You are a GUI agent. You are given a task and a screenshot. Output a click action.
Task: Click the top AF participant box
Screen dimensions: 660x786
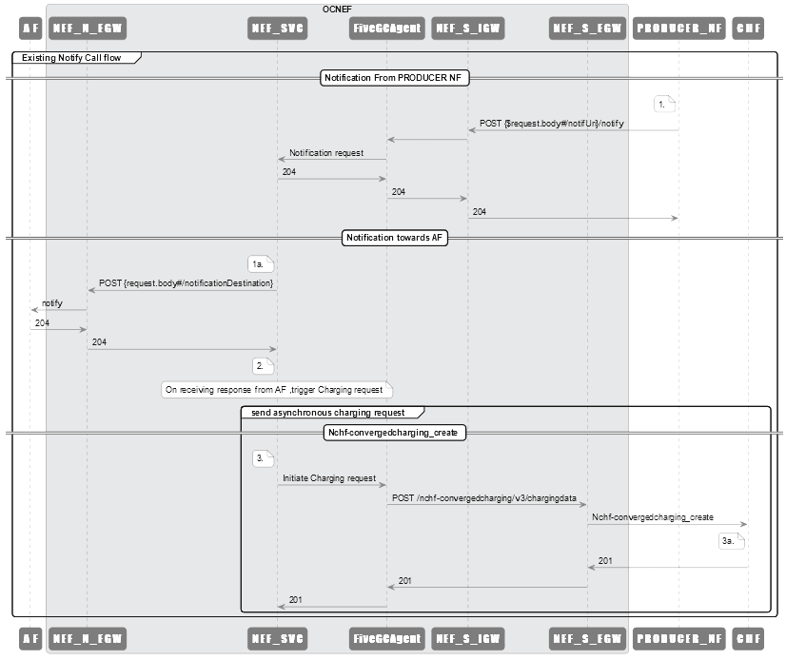click(x=30, y=28)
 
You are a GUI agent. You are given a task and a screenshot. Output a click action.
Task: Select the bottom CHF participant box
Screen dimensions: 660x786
click(x=748, y=635)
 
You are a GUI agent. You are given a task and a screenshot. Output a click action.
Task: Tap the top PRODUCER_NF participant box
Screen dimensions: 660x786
click(x=678, y=28)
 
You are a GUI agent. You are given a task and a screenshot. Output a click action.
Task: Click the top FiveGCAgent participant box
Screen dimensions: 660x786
click(x=385, y=28)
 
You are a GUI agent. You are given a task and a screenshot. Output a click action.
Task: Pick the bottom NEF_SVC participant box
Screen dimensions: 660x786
click(x=277, y=635)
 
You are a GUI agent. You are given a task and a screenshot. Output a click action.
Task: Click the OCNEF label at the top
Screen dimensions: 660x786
click(x=337, y=9)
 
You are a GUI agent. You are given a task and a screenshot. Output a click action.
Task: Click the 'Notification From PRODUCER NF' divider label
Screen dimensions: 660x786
click(x=395, y=78)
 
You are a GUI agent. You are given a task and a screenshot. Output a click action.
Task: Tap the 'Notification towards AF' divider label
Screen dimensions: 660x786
click(x=395, y=238)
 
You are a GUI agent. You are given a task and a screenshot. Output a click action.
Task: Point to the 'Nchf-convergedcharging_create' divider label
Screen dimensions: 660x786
click(x=395, y=432)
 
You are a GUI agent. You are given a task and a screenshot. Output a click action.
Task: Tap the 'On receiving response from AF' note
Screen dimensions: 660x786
click(x=276, y=389)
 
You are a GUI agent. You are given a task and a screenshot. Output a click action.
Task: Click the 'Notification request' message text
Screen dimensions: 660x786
click(x=325, y=152)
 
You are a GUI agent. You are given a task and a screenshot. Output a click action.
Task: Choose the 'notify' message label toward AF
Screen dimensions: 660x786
click(x=52, y=302)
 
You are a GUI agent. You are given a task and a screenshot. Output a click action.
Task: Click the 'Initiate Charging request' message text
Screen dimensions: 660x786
click(x=328, y=477)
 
